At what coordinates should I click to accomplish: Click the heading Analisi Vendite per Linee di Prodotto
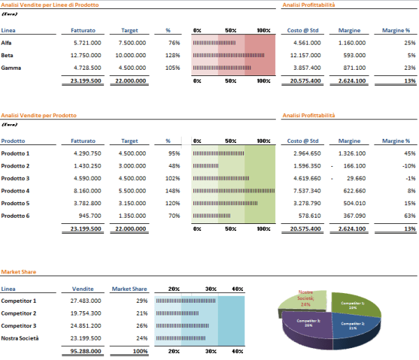tap(50, 5)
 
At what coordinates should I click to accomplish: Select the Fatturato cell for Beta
tap(87, 55)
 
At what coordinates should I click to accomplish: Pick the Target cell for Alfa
tap(131, 43)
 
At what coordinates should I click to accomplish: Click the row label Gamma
tap(11, 68)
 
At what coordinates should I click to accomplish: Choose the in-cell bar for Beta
tap(217, 55)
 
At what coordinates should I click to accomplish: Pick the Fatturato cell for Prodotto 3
tap(87, 178)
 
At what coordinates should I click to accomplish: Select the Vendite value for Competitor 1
tap(87, 301)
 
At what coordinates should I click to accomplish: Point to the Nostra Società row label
tap(20, 338)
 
